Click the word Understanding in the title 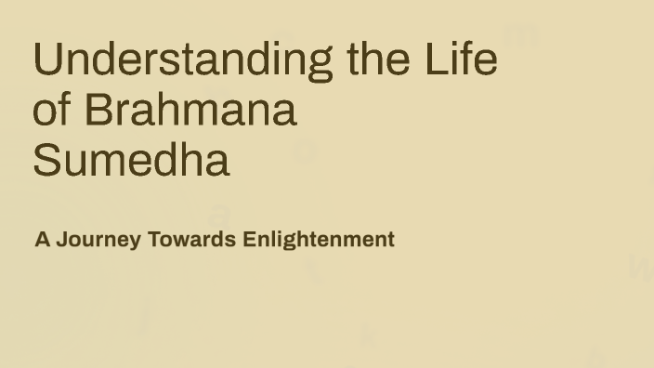coord(182,59)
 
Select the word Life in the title coord(463,59)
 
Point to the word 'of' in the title coord(52,111)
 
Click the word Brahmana coord(190,111)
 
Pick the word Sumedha coord(131,161)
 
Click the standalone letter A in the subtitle coord(43,240)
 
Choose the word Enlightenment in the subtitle coord(319,240)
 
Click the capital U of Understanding coord(46,59)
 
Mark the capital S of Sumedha coord(46,161)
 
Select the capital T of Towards coord(154,240)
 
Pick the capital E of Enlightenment coord(249,240)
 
